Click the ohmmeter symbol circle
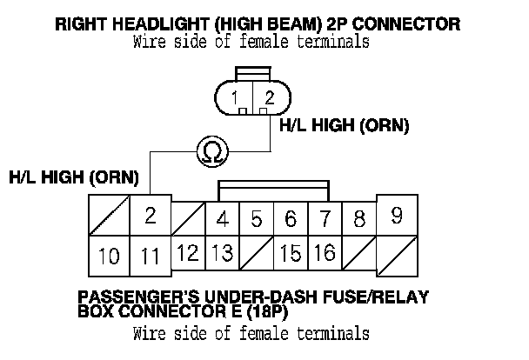tap(211, 151)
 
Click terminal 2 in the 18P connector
tap(151, 216)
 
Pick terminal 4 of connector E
tap(223, 219)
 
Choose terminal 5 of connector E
tap(257, 219)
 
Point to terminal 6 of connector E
tap(291, 219)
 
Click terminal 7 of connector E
tap(325, 219)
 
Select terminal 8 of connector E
tap(358, 219)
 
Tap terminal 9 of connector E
tap(398, 215)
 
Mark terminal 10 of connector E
tap(109, 257)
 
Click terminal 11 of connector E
tap(151, 257)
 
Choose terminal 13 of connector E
tap(223, 254)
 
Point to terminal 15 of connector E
tap(291, 254)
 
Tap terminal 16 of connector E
tap(325, 254)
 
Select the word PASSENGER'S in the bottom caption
tap(131, 297)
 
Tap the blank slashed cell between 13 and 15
tap(257, 254)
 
